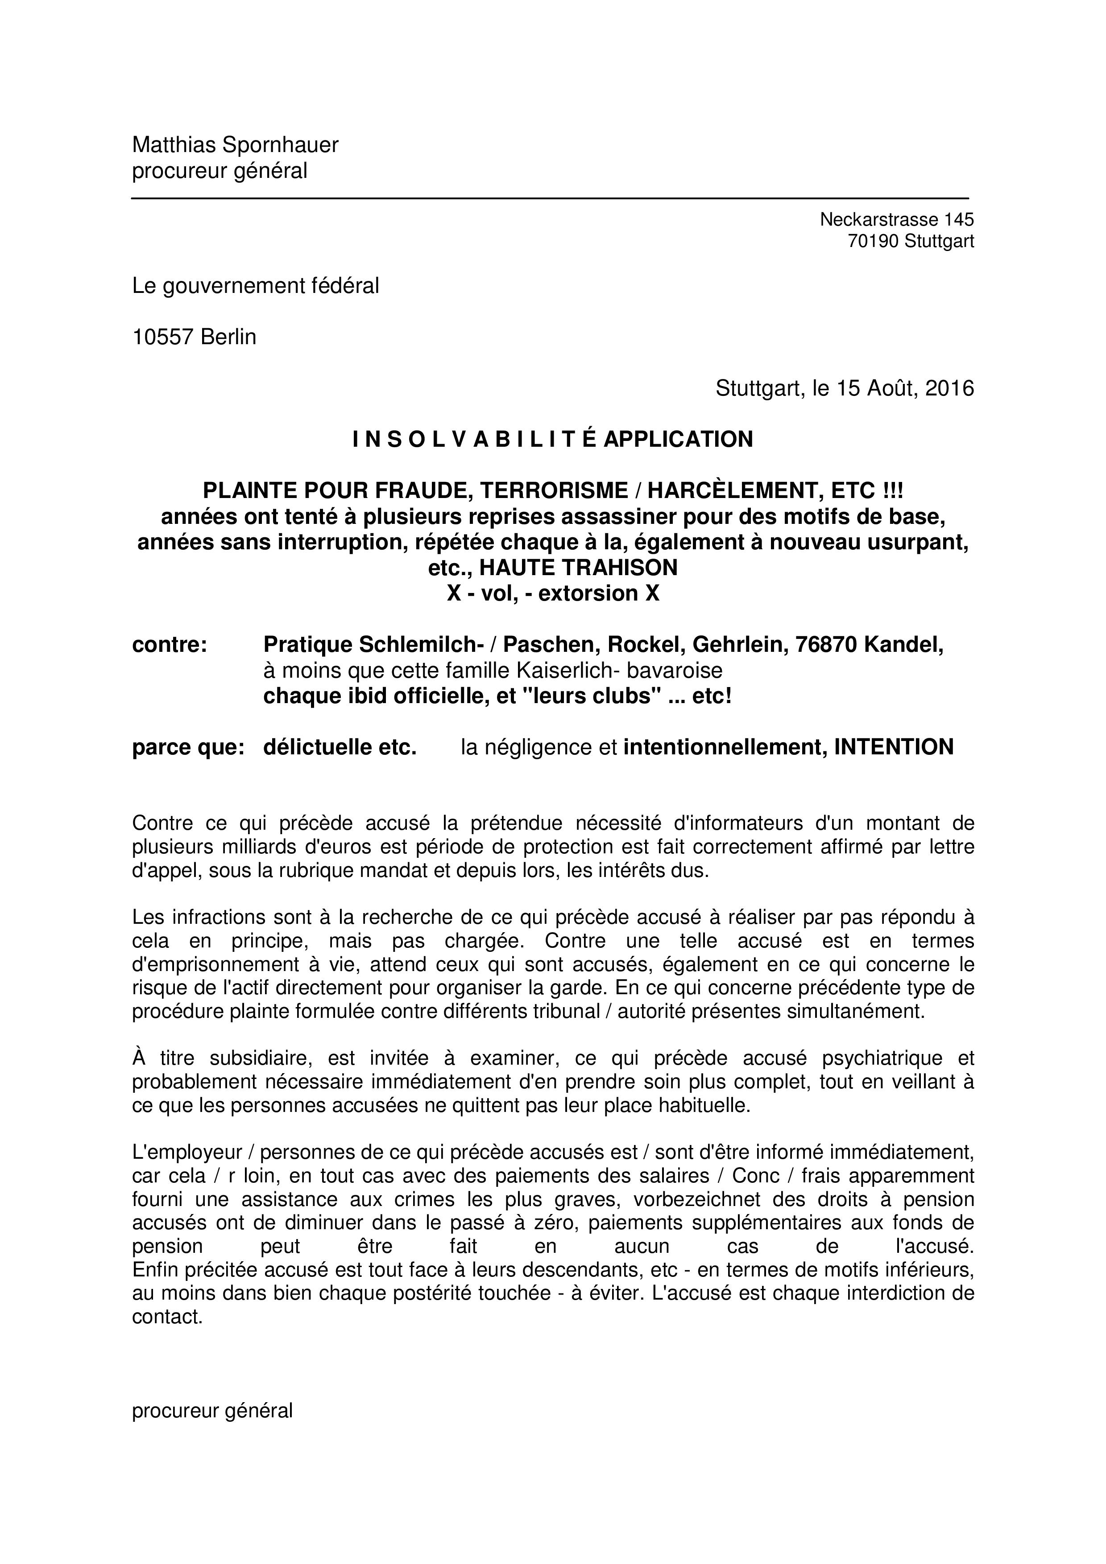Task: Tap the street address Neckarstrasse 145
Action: (896, 219)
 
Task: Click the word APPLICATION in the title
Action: (678, 439)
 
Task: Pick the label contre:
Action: (169, 644)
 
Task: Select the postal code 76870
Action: (824, 644)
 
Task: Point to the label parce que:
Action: (188, 747)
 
